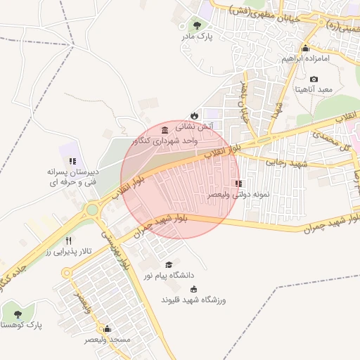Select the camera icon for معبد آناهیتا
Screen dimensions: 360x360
click(314, 79)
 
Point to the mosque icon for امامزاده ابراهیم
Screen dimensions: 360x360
click(305, 49)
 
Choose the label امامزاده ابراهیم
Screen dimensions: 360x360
click(306, 59)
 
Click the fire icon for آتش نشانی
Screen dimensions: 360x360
click(194, 115)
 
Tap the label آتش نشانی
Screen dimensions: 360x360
click(194, 127)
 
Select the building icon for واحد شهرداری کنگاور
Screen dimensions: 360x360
click(164, 130)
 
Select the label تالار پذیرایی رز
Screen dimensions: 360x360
click(68, 251)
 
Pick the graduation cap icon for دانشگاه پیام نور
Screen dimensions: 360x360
click(168, 264)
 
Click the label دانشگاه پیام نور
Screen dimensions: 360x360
click(168, 276)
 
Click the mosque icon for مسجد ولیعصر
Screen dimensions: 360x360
click(107, 328)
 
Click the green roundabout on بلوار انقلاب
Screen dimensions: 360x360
click(92, 210)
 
